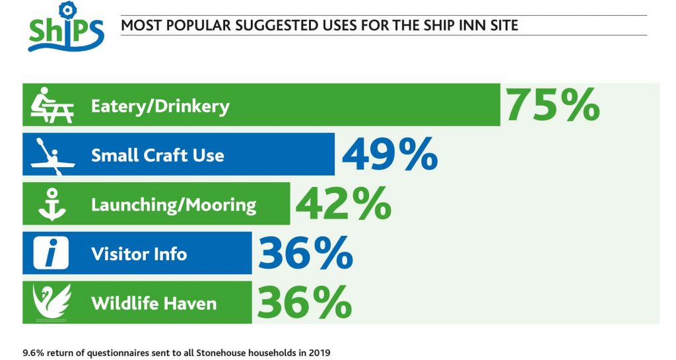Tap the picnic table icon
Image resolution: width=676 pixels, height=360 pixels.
click(52, 105)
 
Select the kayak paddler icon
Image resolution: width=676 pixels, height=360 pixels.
click(52, 155)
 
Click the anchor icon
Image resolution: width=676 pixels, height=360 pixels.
click(52, 204)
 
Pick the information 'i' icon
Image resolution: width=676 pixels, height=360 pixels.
click(52, 254)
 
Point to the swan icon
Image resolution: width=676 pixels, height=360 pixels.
click(52, 303)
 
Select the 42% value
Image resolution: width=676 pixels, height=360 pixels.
click(343, 203)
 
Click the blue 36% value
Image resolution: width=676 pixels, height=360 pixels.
click(304, 253)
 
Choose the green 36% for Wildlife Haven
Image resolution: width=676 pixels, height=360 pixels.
click(304, 303)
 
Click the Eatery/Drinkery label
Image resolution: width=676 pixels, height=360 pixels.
click(160, 106)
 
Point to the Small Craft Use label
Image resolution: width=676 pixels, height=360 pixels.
click(157, 155)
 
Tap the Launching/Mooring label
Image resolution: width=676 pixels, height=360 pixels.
click(173, 205)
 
